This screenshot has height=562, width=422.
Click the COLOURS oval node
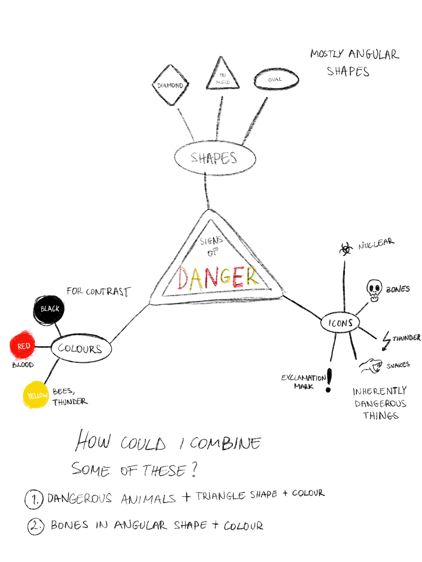(81, 348)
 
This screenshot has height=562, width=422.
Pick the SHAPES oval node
(215, 158)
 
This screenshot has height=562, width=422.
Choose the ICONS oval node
(340, 322)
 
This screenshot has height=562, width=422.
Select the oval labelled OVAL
(276, 79)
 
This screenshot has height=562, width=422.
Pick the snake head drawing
(370, 366)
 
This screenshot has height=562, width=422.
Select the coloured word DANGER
(218, 278)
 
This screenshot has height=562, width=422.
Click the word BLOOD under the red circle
(23, 365)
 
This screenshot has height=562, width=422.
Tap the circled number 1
(34, 499)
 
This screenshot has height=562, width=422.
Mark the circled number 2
(36, 526)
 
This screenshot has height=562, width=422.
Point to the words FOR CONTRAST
(99, 291)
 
